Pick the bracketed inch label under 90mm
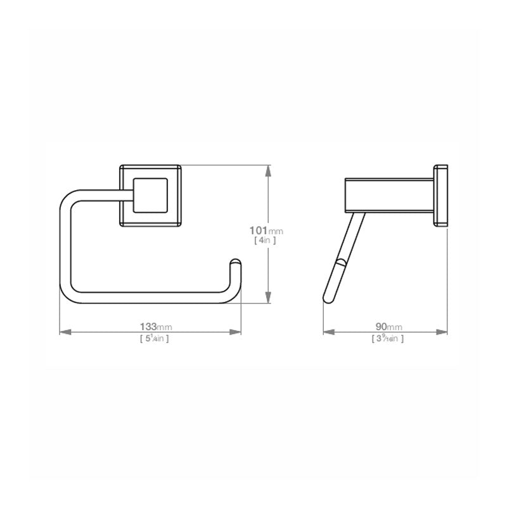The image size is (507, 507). click(387, 338)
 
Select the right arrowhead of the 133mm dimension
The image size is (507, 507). click(237, 331)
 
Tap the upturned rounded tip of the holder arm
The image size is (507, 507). click(234, 264)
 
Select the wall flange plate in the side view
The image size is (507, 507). click(440, 196)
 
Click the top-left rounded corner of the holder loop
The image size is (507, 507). click(68, 198)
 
